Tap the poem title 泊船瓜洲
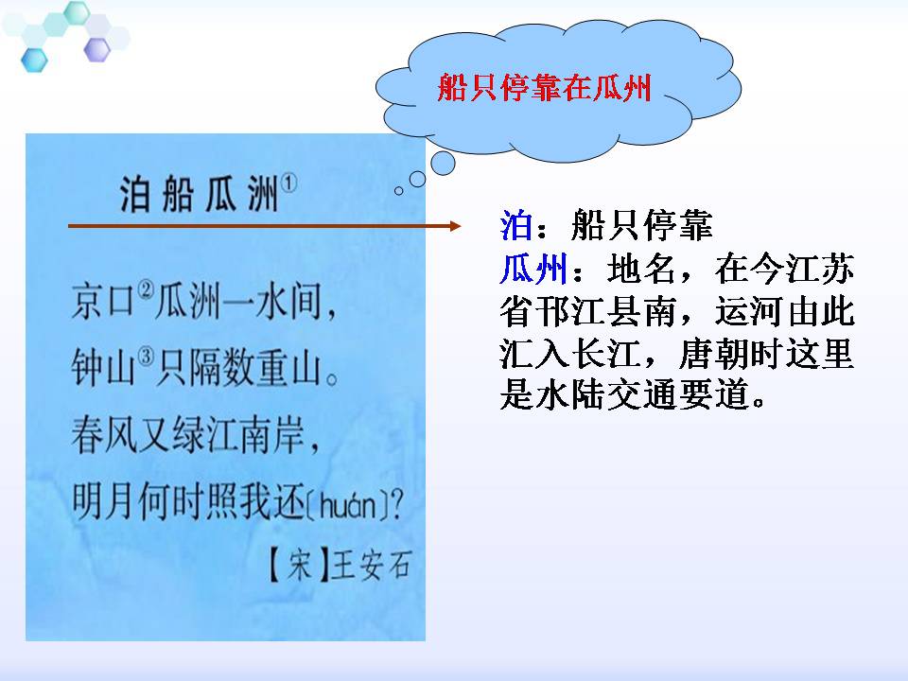click(x=199, y=192)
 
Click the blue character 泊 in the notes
click(x=515, y=227)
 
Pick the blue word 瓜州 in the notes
click(x=533, y=271)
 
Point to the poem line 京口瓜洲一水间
click(x=202, y=304)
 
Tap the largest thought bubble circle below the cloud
click(x=443, y=164)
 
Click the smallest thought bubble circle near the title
click(x=398, y=190)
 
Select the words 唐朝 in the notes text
click(x=707, y=356)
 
